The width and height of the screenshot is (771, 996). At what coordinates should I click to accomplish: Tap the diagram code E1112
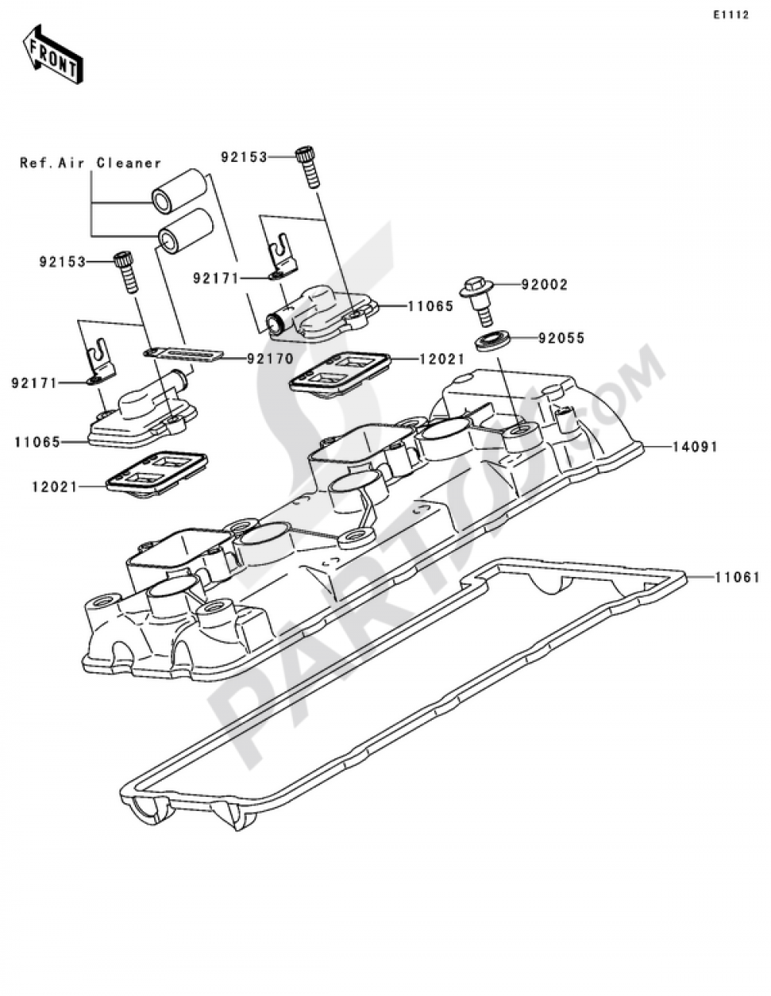[x=730, y=15]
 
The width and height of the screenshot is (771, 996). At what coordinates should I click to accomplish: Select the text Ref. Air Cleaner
[x=90, y=163]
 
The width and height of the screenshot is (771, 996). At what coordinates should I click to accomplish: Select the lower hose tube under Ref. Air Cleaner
[x=185, y=229]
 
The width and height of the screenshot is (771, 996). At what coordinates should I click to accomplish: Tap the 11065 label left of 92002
[x=430, y=306]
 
